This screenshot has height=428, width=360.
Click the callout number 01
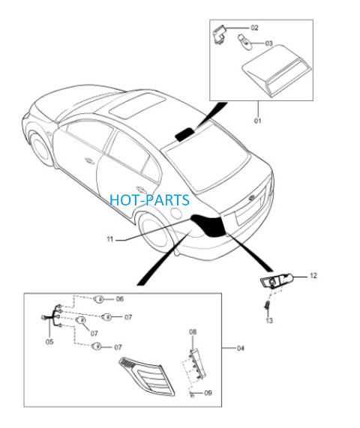(x=257, y=121)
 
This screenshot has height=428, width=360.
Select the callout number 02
(x=254, y=28)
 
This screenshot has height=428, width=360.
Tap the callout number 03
(x=268, y=43)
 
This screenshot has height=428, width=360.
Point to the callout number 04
(x=240, y=348)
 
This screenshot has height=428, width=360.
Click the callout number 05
(x=49, y=342)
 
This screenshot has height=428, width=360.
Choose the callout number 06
(x=120, y=299)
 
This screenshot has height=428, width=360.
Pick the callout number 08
(x=193, y=332)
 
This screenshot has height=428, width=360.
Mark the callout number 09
(x=208, y=393)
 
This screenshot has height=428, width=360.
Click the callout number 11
(x=109, y=239)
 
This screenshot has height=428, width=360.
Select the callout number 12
(x=313, y=276)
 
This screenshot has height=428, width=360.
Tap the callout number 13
(x=269, y=320)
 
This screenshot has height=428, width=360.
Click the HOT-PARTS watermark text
(x=149, y=200)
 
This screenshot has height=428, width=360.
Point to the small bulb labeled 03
(x=244, y=41)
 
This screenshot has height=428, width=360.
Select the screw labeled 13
(x=267, y=305)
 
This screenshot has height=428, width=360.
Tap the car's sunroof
(x=137, y=106)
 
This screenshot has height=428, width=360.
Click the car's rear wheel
(x=156, y=232)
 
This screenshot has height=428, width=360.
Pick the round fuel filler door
(x=176, y=213)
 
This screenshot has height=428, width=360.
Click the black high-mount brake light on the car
(x=184, y=134)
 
